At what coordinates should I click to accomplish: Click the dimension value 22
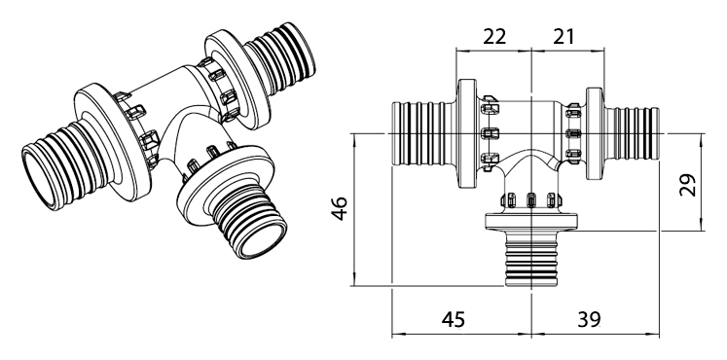[494, 37]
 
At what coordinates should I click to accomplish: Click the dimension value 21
[563, 37]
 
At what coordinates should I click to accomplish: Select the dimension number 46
[340, 208]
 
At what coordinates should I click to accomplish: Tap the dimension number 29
[688, 185]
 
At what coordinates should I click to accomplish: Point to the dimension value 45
[453, 319]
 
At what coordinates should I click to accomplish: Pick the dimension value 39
[590, 319]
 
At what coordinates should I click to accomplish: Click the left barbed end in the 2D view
[418, 133]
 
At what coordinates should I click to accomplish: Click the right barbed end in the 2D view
[633, 133]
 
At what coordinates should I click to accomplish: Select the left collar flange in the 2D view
[467, 133]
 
